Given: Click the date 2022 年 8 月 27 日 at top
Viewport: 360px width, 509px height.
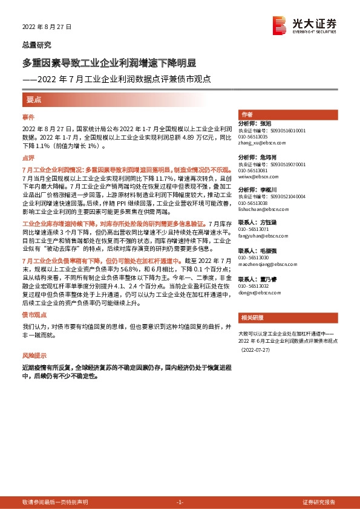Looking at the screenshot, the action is (47, 27).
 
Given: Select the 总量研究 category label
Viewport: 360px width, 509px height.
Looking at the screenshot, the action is (36, 45).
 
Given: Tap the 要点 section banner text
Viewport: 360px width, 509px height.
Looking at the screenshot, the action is (34, 99).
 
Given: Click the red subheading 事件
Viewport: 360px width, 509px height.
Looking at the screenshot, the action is (28, 117).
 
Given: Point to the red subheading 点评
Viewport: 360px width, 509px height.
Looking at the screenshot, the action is (28, 157).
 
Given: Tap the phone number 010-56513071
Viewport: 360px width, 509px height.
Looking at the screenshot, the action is (255, 230).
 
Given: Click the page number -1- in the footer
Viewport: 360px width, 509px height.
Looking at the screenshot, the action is (179, 502).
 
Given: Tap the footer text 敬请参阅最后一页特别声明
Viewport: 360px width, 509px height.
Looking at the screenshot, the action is (54, 502).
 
